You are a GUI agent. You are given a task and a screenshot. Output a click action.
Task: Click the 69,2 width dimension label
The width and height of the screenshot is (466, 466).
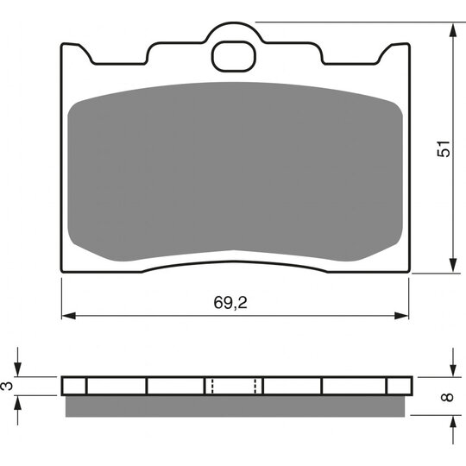[x=230, y=303]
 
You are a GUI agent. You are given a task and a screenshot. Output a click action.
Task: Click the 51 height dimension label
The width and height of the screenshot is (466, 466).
[x=444, y=148]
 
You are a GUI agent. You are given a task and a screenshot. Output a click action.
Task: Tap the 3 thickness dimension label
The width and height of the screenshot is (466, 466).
[x=8, y=386]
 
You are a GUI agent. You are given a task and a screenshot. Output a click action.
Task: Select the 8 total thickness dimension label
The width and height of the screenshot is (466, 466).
[x=447, y=397]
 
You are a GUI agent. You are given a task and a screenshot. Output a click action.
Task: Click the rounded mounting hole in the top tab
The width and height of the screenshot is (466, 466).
[x=234, y=56]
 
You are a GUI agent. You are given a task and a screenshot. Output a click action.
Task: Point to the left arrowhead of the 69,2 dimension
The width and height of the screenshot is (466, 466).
[x=68, y=316]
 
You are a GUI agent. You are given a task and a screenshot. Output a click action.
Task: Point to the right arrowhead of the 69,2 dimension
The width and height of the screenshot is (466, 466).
[x=401, y=316]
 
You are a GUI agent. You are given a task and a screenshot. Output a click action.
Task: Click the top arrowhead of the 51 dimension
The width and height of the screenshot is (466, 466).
[x=453, y=29]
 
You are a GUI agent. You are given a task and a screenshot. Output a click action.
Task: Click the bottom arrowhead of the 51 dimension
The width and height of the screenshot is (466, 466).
[x=453, y=265]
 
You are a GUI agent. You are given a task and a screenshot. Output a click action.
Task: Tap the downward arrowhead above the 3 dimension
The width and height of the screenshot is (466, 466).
[x=18, y=369]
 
